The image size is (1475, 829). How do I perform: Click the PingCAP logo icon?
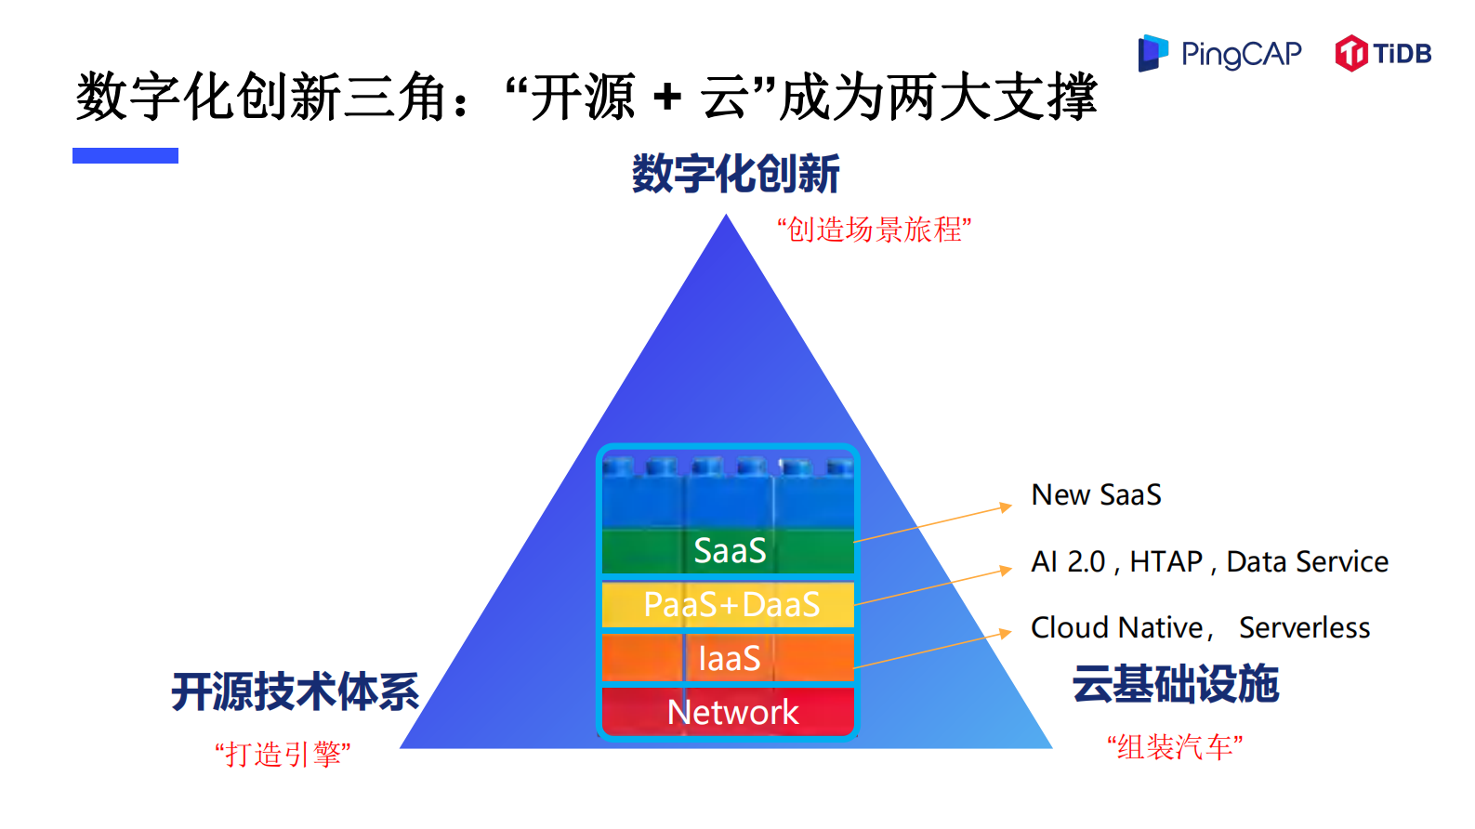(x=1152, y=53)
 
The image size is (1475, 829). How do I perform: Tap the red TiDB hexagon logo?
(x=1350, y=53)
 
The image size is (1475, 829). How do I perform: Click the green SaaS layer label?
(x=730, y=551)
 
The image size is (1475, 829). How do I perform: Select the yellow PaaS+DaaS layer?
(x=731, y=605)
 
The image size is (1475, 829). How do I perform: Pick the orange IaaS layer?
(x=730, y=658)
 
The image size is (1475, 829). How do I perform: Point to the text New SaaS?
(x=1096, y=495)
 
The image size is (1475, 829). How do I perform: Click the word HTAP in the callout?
(x=1166, y=562)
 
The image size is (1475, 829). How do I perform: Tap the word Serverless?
(x=1304, y=628)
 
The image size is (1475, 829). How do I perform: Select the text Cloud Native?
(x=1117, y=628)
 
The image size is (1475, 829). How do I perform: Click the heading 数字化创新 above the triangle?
(x=735, y=174)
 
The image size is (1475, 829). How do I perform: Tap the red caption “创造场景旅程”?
(x=874, y=229)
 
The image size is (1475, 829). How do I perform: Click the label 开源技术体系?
(x=296, y=691)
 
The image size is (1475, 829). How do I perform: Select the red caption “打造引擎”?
(x=283, y=754)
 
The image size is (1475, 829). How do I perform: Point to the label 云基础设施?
(x=1175, y=685)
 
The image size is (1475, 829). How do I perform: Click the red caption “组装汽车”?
(x=1175, y=746)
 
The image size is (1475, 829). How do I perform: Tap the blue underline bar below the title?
(x=125, y=156)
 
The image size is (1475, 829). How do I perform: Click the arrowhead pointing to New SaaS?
(x=1006, y=507)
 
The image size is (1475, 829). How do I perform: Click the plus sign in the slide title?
(x=666, y=97)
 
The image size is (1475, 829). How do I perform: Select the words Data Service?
(x=1307, y=562)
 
